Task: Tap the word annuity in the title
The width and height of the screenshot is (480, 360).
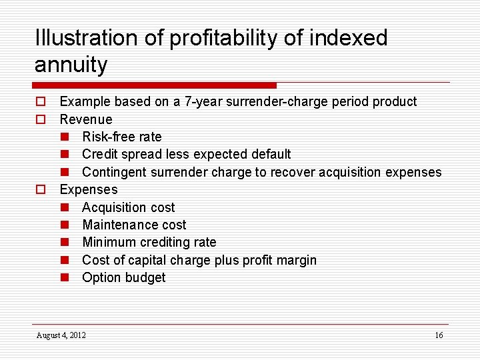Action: (x=71, y=65)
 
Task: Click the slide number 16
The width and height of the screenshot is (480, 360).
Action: (x=439, y=335)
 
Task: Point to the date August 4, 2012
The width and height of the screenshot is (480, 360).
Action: (x=61, y=335)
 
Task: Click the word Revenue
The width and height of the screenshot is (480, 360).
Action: (x=86, y=119)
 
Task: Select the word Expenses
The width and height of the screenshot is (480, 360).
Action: (x=89, y=190)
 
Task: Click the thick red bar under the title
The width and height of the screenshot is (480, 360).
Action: (x=154, y=85)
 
